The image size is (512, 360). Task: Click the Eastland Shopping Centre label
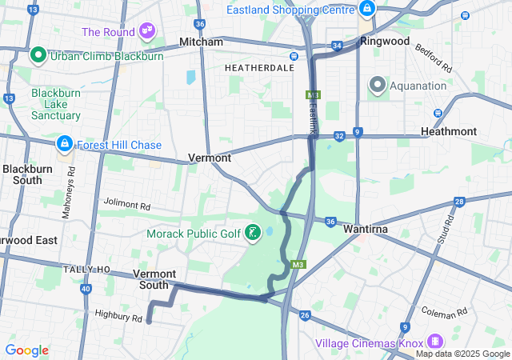pyautogui.click(x=290, y=10)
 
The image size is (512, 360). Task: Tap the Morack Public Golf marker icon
pyautogui.click(x=254, y=234)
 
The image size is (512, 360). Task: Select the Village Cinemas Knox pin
pyautogui.click(x=435, y=340)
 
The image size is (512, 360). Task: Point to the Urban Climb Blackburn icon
pyautogui.click(x=38, y=56)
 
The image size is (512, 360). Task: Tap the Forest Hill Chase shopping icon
pyautogui.click(x=63, y=145)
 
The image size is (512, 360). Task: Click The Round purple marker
pyautogui.click(x=146, y=31)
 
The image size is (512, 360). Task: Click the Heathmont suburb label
pyautogui.click(x=449, y=131)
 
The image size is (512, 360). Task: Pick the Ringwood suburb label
pyautogui.click(x=385, y=41)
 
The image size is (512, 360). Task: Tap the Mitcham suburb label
pyautogui.click(x=201, y=42)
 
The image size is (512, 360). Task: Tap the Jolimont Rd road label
pyautogui.click(x=126, y=206)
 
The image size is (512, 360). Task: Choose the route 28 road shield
pyautogui.click(x=459, y=202)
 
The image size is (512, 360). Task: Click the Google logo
pyautogui.click(x=26, y=350)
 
